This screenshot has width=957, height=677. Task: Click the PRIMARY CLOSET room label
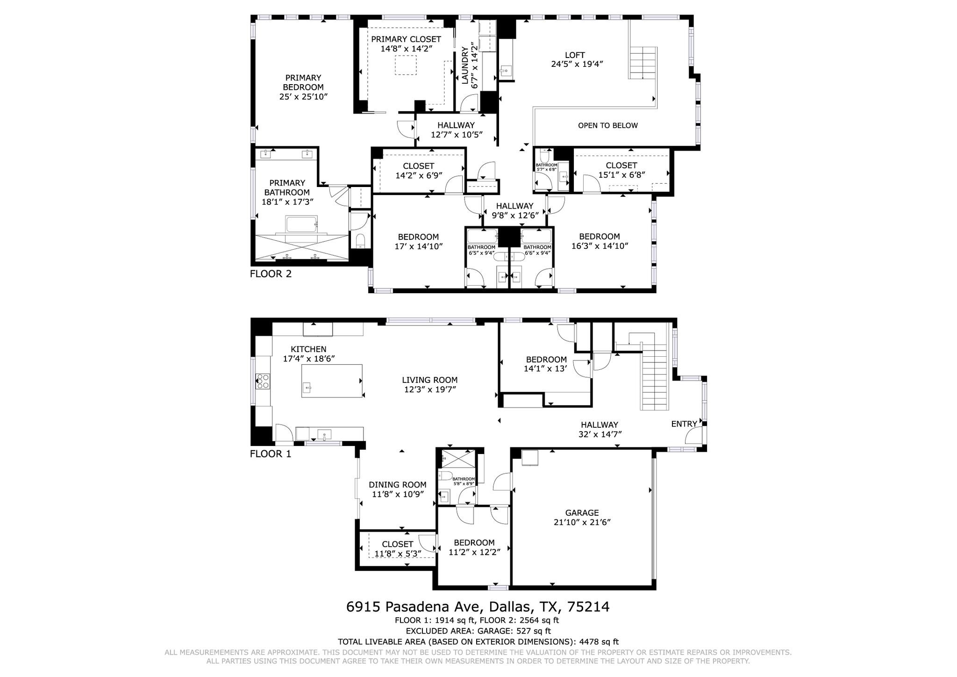pos(406,39)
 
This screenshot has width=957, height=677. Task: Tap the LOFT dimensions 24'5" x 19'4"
pos(574,64)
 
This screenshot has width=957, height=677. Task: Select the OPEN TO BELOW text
pos(607,125)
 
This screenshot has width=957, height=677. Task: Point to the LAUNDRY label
pos(465,65)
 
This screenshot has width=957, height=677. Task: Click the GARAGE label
pos(582,513)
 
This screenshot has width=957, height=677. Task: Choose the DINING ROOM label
pos(398,485)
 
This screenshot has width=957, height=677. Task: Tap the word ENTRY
pos(684,424)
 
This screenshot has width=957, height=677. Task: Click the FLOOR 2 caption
pos(271,274)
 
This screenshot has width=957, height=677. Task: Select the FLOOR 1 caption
pos(271,454)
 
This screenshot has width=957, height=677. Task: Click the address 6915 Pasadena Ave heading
pos(414,607)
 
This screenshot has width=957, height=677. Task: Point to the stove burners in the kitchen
pos(263,382)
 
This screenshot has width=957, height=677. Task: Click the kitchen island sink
pos(307,387)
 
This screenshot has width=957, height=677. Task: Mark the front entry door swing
pos(693,435)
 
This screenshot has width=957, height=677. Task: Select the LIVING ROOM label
pos(430,380)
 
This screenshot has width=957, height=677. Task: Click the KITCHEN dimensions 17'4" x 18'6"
pos(309,359)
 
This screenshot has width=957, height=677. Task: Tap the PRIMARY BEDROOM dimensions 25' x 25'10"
pos(303,97)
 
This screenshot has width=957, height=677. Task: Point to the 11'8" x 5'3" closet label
pos(398,554)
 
